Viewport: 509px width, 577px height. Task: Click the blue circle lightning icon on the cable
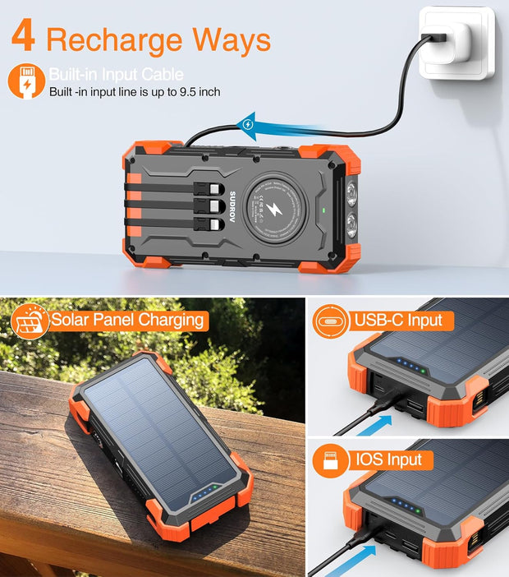[x=247, y=125]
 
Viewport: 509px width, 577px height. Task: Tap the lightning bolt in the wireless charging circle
[x=270, y=210]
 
